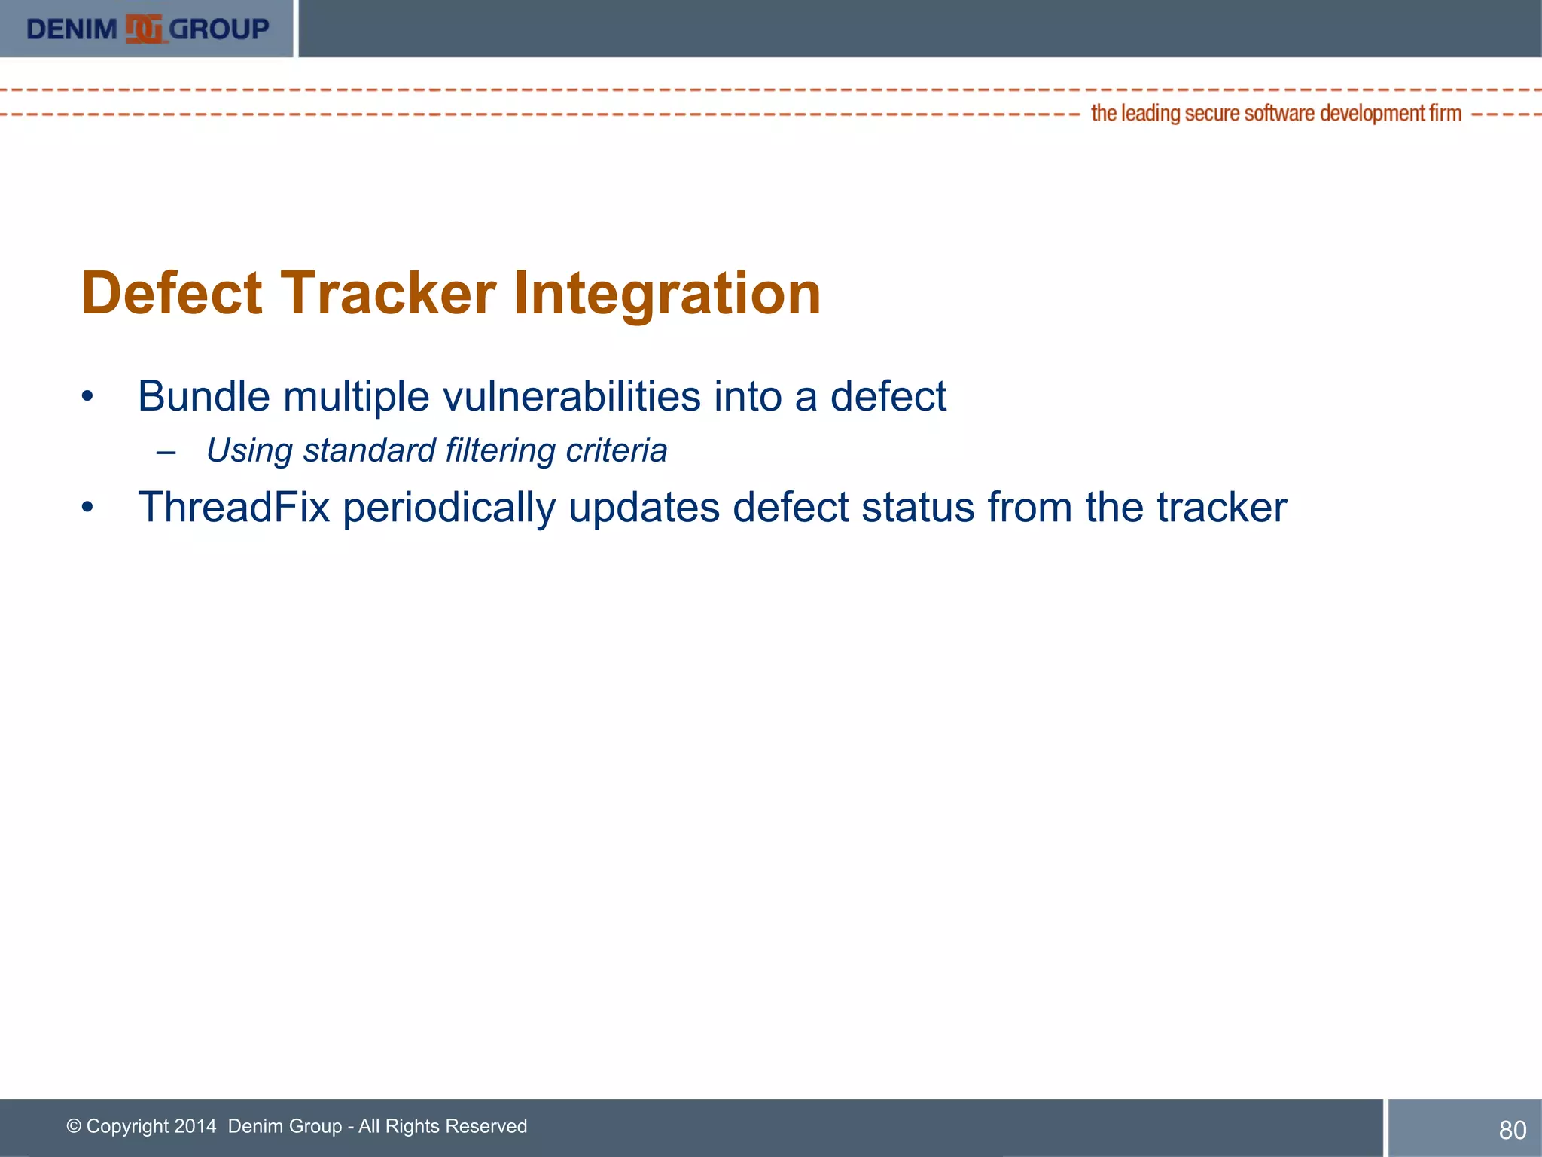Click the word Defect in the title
pos(172,293)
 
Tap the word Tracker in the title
pos(388,293)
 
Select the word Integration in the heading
pos(666,293)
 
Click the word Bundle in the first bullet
pos(203,396)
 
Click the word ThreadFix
pos(233,507)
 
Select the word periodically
pos(449,507)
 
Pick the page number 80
pos(1512,1130)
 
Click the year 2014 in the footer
pos(195,1126)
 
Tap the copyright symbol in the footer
pos(74,1126)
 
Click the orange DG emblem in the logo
pos(144,29)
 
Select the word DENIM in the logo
pos(72,29)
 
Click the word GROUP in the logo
pos(219,29)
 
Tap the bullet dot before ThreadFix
pos(87,507)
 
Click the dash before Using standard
pos(166,452)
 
